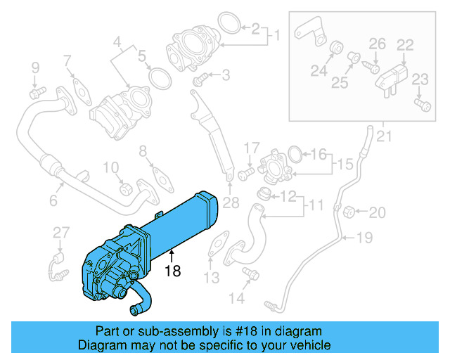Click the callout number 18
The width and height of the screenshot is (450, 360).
pos(172,269)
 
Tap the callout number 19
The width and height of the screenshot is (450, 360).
pos(364,238)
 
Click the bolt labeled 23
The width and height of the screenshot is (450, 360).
pos(421,105)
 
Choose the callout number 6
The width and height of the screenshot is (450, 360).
pos(53,201)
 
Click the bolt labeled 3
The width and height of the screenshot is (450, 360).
pos(199,83)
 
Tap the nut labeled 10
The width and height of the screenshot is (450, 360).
pos(126,188)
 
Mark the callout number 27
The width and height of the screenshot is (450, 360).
pos(62,233)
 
